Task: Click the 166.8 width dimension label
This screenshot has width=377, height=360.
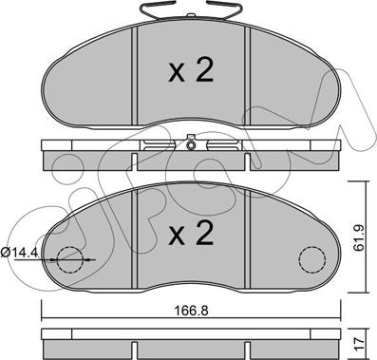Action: click(x=192, y=311)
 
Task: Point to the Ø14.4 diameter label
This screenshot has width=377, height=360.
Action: click(x=19, y=253)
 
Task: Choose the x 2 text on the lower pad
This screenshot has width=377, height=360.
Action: click(x=191, y=233)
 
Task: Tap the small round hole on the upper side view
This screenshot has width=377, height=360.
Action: click(x=191, y=145)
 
